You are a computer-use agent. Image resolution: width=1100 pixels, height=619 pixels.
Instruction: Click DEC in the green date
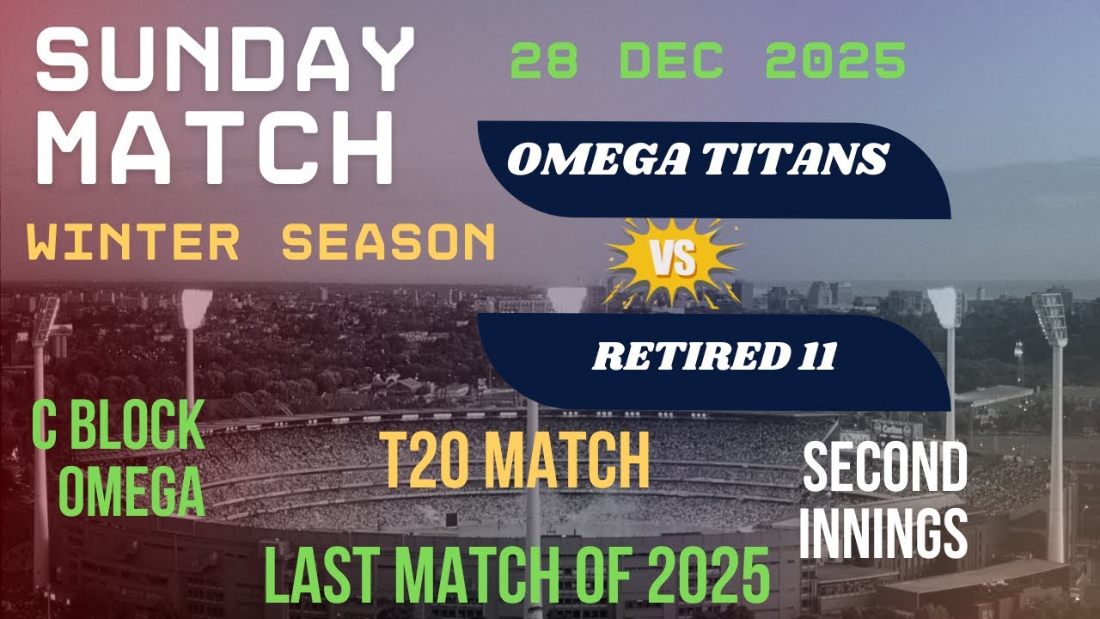point(669,63)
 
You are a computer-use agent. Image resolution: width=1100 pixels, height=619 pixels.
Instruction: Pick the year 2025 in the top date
point(834,63)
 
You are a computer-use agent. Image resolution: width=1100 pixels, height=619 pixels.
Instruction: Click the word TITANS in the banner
point(791,159)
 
